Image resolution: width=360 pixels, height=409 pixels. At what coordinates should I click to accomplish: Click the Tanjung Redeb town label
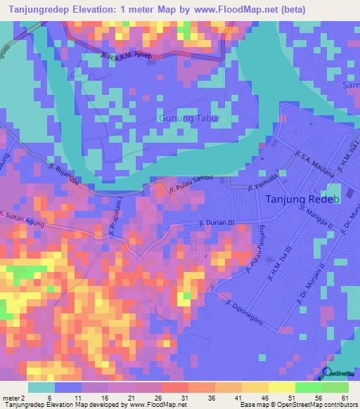tap(303, 199)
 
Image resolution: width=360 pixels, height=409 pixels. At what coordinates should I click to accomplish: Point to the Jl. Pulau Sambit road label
tap(191, 184)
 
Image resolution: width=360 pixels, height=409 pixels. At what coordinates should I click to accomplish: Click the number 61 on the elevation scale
tap(344, 398)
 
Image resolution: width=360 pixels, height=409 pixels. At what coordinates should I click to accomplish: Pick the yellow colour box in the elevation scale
tap(282, 387)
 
